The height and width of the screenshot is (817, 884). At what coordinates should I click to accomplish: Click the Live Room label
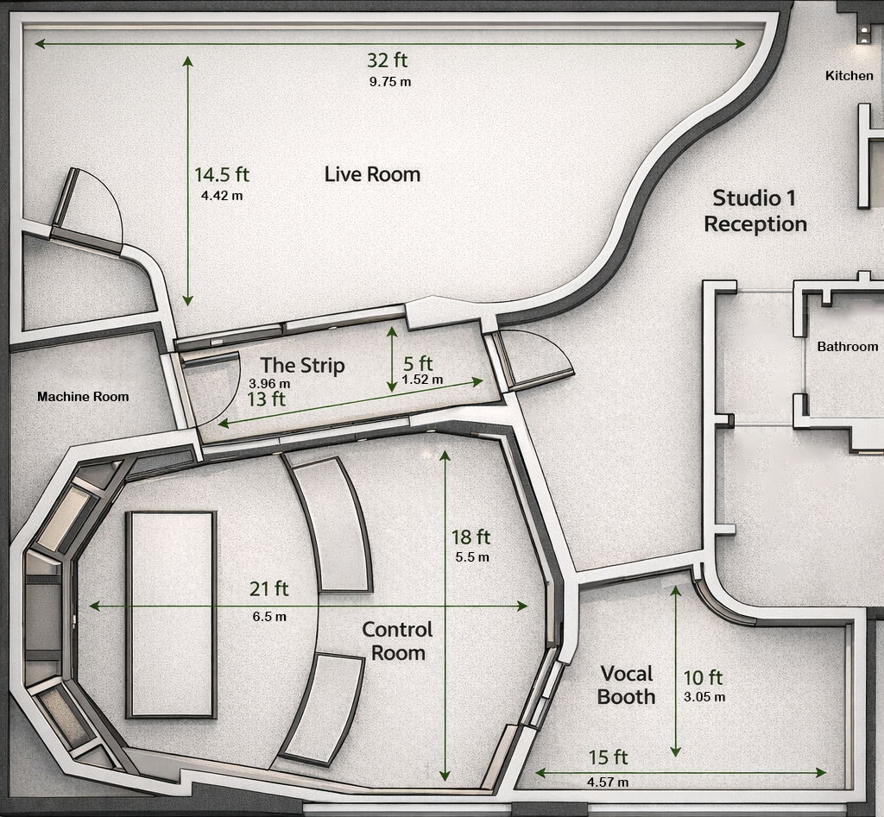pos(372,174)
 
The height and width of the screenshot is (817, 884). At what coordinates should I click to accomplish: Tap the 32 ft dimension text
pos(387,60)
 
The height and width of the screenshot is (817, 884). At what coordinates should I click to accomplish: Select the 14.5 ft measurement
pos(221,174)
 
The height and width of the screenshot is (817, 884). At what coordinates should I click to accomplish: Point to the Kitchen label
pos(849,76)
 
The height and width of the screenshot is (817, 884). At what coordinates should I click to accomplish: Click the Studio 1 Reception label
pos(755,211)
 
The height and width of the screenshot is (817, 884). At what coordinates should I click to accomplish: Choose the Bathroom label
pos(847,347)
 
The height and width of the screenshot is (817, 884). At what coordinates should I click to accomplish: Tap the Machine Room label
pos(83,397)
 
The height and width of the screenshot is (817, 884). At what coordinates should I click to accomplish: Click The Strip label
pos(302,366)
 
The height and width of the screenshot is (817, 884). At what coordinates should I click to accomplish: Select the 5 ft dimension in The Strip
pos(419,364)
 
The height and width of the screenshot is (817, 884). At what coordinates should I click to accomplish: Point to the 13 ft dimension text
pos(266,399)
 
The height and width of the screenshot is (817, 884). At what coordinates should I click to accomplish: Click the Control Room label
pos(398,641)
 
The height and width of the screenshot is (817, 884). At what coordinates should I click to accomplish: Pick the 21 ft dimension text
pos(268,589)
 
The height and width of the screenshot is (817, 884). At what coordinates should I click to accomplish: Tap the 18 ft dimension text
pos(470,537)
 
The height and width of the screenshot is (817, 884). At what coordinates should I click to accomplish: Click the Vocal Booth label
pos(627,685)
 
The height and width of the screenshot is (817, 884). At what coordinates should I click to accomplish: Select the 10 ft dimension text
pos(703,678)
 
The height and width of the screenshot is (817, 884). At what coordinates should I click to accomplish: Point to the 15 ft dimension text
pos(608,757)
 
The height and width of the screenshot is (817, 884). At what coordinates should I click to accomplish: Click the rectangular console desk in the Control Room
pos(170,614)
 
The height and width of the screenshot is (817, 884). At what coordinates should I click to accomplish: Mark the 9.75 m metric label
pos(389,82)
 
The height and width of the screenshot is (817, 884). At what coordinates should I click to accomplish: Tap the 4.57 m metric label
pos(607,782)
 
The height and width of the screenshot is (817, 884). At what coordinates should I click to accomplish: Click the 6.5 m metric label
pos(269,617)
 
